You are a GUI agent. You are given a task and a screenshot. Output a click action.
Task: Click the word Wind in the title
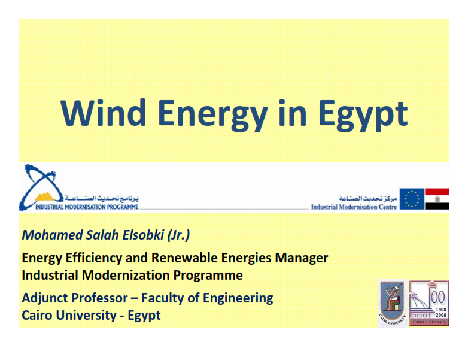click(x=103, y=113)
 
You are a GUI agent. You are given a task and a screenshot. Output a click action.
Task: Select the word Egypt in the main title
click(x=363, y=116)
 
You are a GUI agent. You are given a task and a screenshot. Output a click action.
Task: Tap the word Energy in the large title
click(x=212, y=116)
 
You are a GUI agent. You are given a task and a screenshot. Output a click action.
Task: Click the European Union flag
click(x=412, y=199)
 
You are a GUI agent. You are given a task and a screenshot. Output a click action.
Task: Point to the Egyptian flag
click(x=437, y=199)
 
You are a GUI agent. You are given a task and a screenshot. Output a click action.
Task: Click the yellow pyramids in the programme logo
click(x=44, y=197)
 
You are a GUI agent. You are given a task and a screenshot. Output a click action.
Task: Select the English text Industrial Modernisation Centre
click(x=354, y=207)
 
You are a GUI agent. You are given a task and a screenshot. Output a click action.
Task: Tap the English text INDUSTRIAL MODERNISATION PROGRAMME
click(x=87, y=207)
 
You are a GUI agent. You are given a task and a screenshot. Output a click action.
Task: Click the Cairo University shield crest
click(x=393, y=302)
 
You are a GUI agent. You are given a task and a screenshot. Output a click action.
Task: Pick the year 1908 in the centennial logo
click(x=441, y=310)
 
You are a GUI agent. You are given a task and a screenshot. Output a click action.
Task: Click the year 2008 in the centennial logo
click(x=441, y=315)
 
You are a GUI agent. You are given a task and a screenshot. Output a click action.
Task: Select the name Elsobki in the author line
click(x=143, y=235)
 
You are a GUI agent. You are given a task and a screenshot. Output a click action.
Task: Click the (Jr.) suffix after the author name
click(x=178, y=235)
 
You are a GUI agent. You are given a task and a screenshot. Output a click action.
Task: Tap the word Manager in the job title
click(x=302, y=258)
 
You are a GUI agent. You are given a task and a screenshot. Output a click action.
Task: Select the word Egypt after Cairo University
click(x=144, y=316)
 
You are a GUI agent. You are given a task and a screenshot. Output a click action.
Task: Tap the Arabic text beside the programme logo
click(x=102, y=198)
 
